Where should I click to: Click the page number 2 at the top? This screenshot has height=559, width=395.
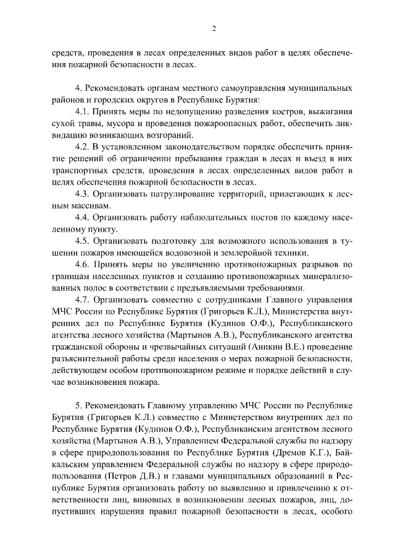[213, 28]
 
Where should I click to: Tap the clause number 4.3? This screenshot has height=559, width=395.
[84, 193]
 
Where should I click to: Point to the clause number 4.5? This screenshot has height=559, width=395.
[84, 240]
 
